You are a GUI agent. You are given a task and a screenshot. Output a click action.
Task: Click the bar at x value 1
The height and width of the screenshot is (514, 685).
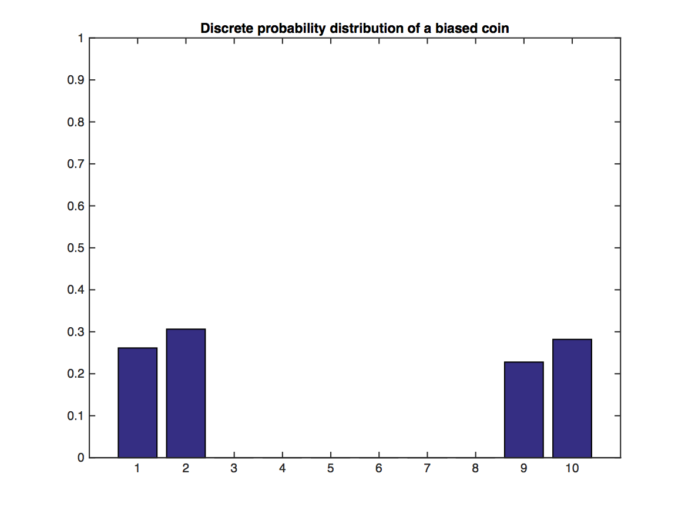(x=137, y=402)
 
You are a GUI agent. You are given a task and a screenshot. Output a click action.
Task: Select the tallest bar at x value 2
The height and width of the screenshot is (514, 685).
(x=186, y=393)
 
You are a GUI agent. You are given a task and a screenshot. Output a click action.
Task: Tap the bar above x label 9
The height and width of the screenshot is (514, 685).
(x=523, y=409)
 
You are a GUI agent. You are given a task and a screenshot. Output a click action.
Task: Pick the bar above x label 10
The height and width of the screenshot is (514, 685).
(x=572, y=398)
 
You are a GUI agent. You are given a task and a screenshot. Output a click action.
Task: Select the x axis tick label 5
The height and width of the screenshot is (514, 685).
(x=331, y=469)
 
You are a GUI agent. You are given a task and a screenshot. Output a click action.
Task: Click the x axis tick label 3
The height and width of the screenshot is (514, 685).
(x=234, y=469)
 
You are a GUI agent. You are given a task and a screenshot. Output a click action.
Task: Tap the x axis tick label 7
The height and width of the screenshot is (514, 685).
(x=427, y=469)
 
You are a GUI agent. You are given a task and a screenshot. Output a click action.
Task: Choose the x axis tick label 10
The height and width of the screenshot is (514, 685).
(x=572, y=469)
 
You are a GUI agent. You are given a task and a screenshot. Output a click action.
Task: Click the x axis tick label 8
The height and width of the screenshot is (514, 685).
(x=475, y=469)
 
